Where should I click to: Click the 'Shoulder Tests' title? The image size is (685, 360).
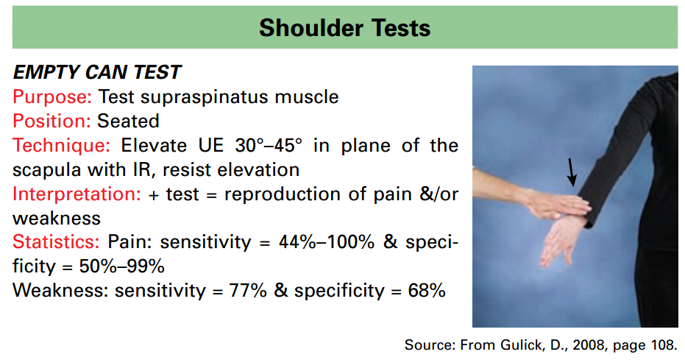pyautogui.click(x=344, y=28)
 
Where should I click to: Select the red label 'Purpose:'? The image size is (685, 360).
pyautogui.click(x=52, y=97)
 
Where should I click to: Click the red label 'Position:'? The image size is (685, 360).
pyautogui.click(x=51, y=121)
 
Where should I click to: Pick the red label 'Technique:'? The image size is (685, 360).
pyautogui.click(x=62, y=146)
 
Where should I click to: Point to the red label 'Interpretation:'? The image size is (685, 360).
pyautogui.click(x=77, y=194)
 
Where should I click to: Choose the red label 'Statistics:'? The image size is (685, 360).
pyautogui.click(x=57, y=241)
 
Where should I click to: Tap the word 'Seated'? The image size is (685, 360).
pyautogui.click(x=128, y=121)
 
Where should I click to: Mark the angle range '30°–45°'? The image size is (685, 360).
pyautogui.click(x=269, y=145)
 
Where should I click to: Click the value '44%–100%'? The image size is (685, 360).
pyautogui.click(x=327, y=241)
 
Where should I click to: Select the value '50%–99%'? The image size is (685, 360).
pyautogui.click(x=122, y=266)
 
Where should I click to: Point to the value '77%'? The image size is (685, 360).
pyautogui.click(x=248, y=290)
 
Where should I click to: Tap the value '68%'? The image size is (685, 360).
pyautogui.click(x=427, y=290)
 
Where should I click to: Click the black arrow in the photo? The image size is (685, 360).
pyautogui.click(x=572, y=172)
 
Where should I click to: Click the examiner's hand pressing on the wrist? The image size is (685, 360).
pyautogui.click(x=555, y=204)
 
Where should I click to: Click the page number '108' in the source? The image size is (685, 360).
pyautogui.click(x=662, y=345)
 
